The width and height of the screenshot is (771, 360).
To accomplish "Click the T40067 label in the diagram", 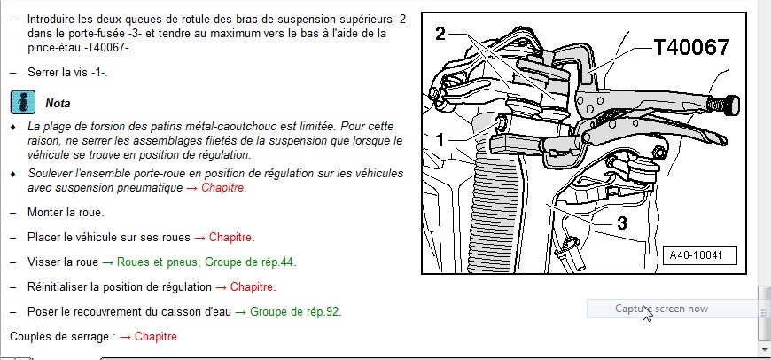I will (x=690, y=48).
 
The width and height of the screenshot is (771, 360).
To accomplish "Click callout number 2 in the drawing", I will (x=440, y=34).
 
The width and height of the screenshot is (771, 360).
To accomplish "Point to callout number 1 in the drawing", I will (x=440, y=139).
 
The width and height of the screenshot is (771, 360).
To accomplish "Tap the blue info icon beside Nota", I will (x=23, y=102).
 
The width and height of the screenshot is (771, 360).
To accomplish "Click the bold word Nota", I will (x=58, y=104).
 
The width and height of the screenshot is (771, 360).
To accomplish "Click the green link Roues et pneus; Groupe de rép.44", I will (x=199, y=262).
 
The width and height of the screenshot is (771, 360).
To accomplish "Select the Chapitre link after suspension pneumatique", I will (x=222, y=188).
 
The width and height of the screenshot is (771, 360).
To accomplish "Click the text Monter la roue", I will (x=65, y=213).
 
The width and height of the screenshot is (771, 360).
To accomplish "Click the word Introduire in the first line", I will (x=52, y=19).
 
